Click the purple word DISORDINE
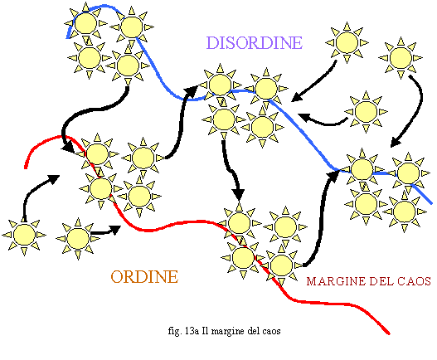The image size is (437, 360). tap(255, 42)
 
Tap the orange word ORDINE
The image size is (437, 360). tap(144, 276)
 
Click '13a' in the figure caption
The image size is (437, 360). tap(192, 331)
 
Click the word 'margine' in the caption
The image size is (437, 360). tap(229, 332)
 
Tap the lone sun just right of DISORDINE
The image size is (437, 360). tap(347, 42)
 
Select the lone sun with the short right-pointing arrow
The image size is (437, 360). tap(78, 238)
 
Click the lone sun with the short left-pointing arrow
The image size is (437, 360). tap(366, 111)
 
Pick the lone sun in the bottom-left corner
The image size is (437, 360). tap(24, 235)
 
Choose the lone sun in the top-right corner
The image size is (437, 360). tap(401, 58)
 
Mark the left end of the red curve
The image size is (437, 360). tap(26, 168)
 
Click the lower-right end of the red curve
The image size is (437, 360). tap(389, 333)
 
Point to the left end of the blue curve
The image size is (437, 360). tap(67, 37)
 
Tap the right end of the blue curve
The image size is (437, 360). tap(431, 203)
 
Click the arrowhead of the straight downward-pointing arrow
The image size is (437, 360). tap(239, 194)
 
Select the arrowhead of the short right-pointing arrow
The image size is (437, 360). tap(116, 230)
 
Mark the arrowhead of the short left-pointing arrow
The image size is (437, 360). tap(303, 117)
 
